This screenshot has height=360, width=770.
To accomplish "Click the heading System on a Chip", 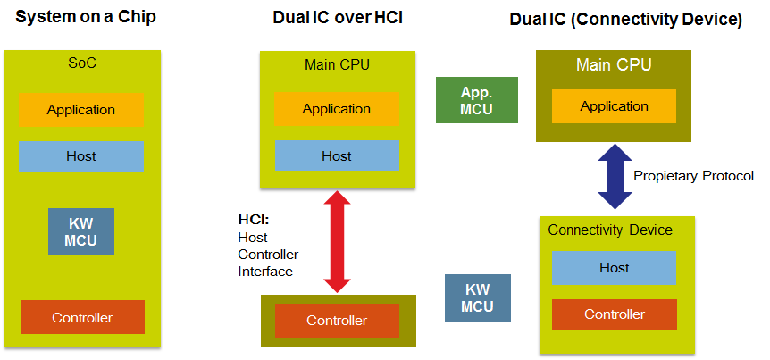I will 80,16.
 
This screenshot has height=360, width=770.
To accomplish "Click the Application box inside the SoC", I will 81,110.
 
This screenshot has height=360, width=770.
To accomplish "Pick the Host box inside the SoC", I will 81,155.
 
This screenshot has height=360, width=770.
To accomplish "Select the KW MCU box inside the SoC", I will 81,230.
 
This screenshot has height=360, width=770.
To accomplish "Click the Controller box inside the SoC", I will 81,317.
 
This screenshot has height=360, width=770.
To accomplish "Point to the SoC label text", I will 80,64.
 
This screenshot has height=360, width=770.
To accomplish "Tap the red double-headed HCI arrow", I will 337,241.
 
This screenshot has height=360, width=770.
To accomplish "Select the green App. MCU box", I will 476,99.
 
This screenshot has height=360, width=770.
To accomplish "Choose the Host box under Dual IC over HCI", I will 337,155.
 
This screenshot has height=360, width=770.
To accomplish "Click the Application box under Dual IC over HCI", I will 337,109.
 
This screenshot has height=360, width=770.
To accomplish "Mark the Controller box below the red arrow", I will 337,321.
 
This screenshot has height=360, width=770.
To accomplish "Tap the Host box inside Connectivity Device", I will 614,268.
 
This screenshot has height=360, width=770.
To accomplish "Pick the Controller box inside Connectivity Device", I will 614,314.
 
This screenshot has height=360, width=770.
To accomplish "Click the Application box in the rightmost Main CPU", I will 614,106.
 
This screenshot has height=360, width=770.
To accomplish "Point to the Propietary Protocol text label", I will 693,175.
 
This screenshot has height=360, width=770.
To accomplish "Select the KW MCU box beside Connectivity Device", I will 477,297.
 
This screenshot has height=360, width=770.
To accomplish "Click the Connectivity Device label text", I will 610,230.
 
